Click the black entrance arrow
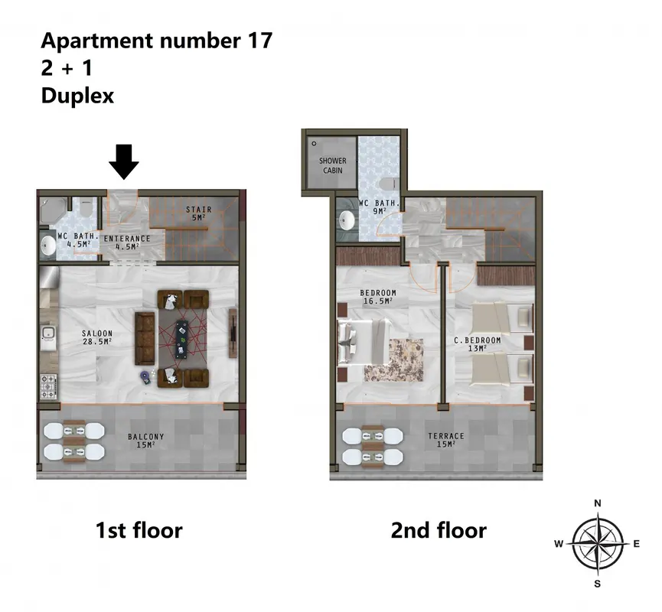click(x=124, y=161)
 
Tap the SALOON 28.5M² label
click(x=97, y=337)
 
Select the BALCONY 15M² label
click(x=145, y=441)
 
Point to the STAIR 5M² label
click(x=199, y=213)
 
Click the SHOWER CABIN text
click(x=333, y=165)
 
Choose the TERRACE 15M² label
click(x=446, y=440)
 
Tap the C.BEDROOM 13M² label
click(x=478, y=344)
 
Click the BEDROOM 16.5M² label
click(x=378, y=297)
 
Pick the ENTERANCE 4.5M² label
click(x=127, y=243)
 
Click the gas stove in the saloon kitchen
click(x=47, y=386)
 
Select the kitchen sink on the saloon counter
click(x=48, y=334)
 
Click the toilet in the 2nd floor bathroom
click(x=387, y=184)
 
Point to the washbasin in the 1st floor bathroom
click(x=48, y=246)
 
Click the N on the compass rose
click(x=598, y=503)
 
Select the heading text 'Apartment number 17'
click(x=157, y=41)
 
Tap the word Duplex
click(x=78, y=96)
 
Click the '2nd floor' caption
click(x=439, y=530)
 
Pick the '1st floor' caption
click(x=139, y=530)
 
